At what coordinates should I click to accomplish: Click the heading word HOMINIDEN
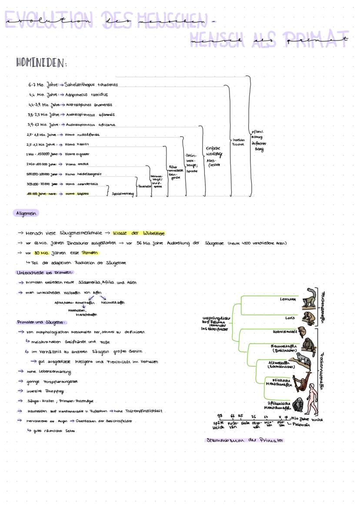(42, 63)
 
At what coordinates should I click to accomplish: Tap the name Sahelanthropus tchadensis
(91, 85)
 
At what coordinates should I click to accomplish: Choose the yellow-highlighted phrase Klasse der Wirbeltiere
(139, 233)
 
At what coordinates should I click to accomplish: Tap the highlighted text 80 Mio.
(44, 253)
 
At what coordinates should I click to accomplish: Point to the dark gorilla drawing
(297, 405)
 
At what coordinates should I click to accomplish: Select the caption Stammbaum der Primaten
(244, 440)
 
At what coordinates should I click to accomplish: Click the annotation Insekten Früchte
(239, 142)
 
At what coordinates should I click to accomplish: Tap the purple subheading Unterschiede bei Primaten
(45, 272)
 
